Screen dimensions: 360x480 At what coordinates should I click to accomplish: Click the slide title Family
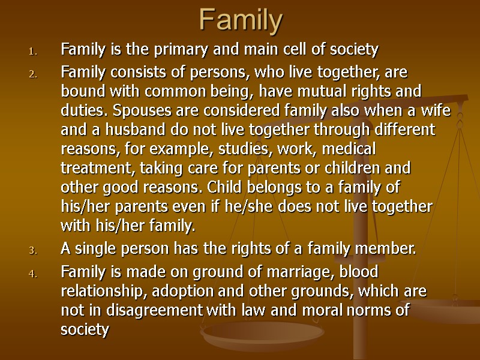click(240, 21)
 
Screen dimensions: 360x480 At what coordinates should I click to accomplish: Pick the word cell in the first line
click(280, 49)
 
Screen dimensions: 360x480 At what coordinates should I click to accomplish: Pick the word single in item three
click(94, 250)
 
